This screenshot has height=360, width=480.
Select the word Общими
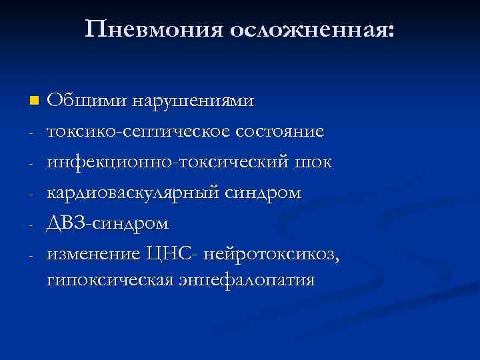87,101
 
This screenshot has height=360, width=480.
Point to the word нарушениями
193,101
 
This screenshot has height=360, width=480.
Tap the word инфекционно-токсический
167,162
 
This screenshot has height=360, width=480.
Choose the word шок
313,162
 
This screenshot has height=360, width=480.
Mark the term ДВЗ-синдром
107,223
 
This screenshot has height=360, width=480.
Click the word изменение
93,254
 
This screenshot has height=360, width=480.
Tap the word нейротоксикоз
267,254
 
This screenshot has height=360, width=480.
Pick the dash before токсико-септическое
32,132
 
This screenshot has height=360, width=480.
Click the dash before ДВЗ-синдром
32,224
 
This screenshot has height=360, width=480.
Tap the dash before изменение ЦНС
32,255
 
